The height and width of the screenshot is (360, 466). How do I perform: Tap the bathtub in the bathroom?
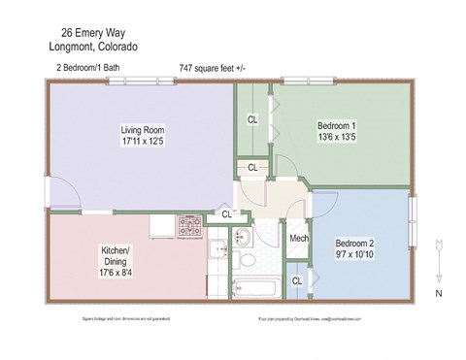click(255, 287)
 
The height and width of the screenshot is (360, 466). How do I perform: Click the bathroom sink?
click(243, 235)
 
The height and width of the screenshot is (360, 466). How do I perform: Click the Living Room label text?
click(142, 130)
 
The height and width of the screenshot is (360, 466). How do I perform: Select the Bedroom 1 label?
click(337, 125)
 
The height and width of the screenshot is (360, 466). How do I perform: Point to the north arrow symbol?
click(438, 255)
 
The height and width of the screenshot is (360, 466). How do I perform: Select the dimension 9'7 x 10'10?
click(354, 255)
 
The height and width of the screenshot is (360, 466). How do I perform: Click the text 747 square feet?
click(213, 68)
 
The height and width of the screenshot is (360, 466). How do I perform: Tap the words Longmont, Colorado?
click(92, 46)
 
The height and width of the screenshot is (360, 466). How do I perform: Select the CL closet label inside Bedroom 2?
click(296, 281)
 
